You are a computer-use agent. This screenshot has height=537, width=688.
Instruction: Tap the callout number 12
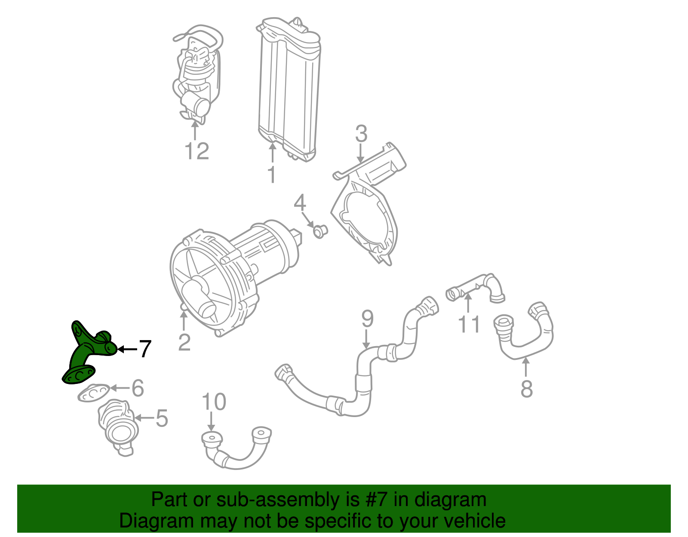[x=197, y=151]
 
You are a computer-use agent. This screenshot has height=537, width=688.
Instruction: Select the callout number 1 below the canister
[x=272, y=175]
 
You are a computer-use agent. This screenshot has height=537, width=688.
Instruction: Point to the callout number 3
[x=361, y=133]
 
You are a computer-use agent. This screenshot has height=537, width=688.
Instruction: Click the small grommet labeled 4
[x=320, y=232]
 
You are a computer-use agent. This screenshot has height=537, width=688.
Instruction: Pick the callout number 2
[x=184, y=342]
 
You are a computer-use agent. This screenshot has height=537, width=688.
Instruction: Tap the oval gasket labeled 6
[x=94, y=393]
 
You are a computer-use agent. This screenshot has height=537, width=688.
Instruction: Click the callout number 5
[x=162, y=418]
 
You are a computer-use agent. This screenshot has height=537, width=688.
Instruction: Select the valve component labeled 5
[x=118, y=428]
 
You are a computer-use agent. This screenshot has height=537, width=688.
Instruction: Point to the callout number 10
[x=214, y=402]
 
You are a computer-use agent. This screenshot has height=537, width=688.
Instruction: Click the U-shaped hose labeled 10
[x=236, y=449]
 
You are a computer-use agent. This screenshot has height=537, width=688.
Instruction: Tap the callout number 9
[x=367, y=319]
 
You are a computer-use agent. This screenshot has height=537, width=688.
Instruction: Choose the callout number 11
[x=469, y=324]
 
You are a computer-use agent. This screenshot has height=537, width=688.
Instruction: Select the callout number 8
[x=526, y=389]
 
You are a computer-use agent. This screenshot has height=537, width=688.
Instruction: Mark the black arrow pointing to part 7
[x=127, y=350]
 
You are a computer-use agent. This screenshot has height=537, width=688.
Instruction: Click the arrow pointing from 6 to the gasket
[x=120, y=388]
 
